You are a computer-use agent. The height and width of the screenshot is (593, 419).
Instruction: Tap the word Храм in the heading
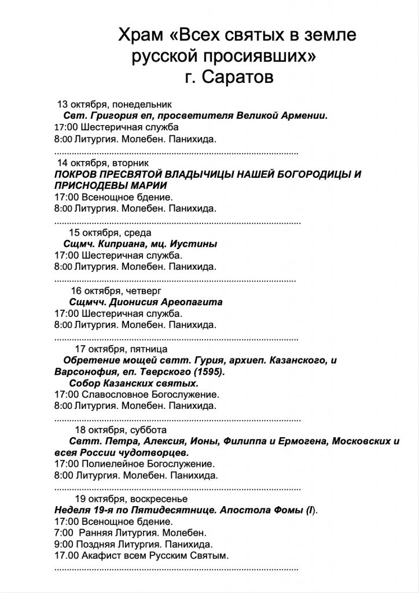[141, 36]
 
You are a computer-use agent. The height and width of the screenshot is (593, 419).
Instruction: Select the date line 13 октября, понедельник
[115, 104]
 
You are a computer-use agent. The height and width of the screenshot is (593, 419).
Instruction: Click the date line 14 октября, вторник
[104, 163]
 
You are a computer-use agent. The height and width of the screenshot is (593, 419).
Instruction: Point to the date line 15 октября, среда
[102, 233]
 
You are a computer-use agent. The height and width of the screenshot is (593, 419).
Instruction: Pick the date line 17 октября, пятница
[122, 349]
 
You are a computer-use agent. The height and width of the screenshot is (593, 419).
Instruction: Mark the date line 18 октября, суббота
[120, 430]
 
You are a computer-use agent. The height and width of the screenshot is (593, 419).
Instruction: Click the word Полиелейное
[111, 464]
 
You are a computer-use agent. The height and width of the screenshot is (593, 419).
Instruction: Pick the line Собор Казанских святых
[133, 383]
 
